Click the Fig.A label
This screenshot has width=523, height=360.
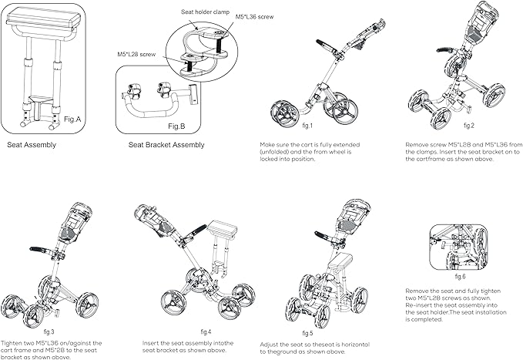click(x=72, y=119)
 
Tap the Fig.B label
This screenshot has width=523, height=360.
click(x=176, y=126)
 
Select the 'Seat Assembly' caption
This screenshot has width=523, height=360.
click(x=32, y=145)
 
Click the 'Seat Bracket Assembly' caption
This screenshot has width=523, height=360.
click(x=166, y=145)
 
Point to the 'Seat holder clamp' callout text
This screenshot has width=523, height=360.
click(x=205, y=12)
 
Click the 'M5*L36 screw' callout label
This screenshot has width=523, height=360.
click(x=254, y=17)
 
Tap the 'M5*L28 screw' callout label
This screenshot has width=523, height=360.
click(x=136, y=54)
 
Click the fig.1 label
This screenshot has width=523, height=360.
click(x=307, y=126)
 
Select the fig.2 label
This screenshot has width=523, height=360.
click(x=469, y=126)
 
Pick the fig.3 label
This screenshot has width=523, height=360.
click(x=49, y=331)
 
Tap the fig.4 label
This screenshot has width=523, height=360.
click(x=206, y=331)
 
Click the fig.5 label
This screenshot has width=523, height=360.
click(x=307, y=333)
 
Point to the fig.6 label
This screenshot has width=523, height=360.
click(x=460, y=277)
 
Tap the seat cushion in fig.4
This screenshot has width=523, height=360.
click(x=222, y=230)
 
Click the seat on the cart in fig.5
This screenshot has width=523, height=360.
click(x=340, y=260)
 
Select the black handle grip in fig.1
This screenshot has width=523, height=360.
click(x=324, y=45)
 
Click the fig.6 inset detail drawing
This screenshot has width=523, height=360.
click(x=459, y=247)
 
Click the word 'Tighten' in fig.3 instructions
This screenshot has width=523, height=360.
click(x=12, y=343)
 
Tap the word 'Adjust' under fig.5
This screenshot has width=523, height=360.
click(x=270, y=345)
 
